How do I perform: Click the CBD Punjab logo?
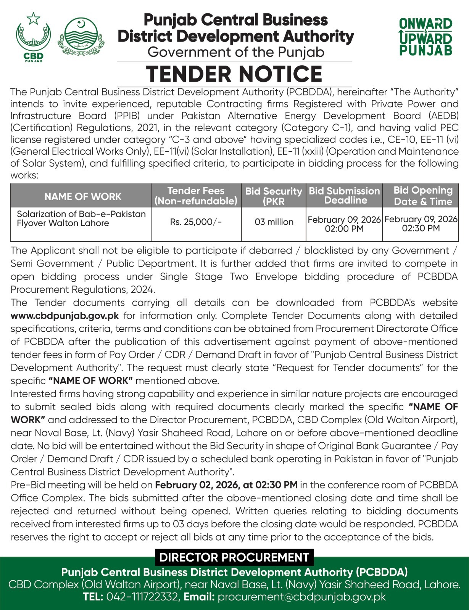33,37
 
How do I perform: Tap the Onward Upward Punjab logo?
425,37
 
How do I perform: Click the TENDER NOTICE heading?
234,74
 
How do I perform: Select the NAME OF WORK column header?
83,196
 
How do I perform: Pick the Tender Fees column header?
196,196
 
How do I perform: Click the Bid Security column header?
274,196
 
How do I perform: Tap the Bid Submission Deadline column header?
344,196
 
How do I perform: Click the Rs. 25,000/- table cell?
196,222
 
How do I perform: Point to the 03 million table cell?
274,222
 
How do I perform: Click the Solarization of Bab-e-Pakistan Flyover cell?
81,218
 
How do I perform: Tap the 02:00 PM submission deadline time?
344,229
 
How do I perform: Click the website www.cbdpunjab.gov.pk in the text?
64,316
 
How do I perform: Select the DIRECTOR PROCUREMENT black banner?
234,557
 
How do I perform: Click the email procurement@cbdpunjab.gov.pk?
301,597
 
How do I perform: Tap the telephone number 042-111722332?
142,597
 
